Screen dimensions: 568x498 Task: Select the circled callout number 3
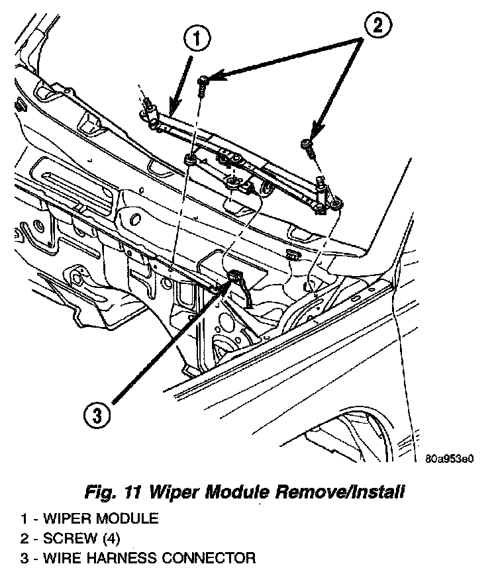point(97,416)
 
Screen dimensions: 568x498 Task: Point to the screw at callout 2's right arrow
point(307,143)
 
